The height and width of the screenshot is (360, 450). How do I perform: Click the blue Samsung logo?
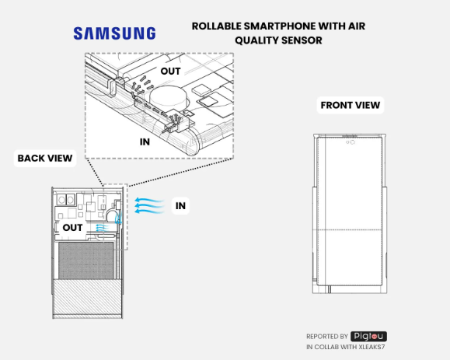point(114,33)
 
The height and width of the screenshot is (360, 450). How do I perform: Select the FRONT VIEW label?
point(350,105)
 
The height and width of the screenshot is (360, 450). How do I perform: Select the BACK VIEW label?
point(45,158)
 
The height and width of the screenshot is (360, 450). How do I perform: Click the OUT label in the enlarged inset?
point(170,72)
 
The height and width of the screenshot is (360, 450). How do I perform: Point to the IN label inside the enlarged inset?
point(145,142)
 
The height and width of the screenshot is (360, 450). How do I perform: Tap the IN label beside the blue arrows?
point(180,206)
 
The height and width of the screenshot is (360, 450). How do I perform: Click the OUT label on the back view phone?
point(72,228)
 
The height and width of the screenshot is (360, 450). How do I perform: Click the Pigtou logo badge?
point(368,336)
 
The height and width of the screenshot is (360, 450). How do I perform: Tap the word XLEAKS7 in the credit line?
point(372,347)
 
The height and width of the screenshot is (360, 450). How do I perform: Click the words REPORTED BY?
point(327,336)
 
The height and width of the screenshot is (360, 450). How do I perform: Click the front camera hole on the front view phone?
point(353,142)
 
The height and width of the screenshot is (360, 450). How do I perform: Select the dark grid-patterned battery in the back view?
point(86,260)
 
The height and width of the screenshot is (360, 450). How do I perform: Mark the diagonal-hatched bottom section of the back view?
point(88,297)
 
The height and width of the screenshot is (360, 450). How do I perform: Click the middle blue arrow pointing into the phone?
point(149,205)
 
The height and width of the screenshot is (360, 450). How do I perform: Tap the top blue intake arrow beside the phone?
point(149,200)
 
